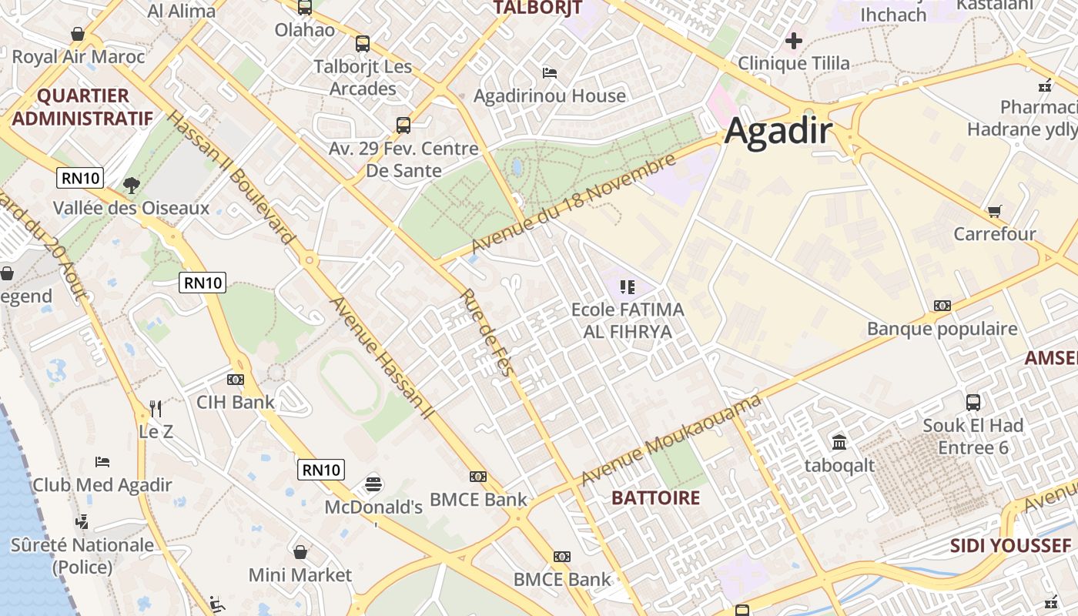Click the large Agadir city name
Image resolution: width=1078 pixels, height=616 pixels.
click(778, 131)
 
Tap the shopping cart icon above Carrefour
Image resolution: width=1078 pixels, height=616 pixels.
click(994, 210)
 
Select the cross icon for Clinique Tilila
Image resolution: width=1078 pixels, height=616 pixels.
click(794, 40)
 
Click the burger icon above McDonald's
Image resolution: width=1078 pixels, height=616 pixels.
click(373, 484)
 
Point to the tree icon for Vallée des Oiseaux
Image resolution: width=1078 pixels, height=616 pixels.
click(132, 185)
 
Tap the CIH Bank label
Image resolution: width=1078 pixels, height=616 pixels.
click(235, 401)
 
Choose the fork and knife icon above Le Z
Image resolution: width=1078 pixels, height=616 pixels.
click(156, 408)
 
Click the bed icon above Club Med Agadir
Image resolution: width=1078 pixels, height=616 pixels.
click(102, 462)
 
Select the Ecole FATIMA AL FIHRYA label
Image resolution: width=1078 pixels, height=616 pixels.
click(627, 320)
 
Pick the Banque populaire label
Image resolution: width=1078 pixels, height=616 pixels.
click(942, 329)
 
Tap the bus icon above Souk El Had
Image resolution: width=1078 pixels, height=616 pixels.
click(973, 402)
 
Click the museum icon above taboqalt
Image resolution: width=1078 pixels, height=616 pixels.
click(839, 442)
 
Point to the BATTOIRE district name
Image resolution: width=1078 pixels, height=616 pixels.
click(655, 497)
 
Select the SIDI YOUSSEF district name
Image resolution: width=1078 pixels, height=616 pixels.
click(1009, 545)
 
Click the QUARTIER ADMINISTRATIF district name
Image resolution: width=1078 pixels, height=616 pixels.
click(82, 107)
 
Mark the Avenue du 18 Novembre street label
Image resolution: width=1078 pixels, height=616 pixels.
click(574, 203)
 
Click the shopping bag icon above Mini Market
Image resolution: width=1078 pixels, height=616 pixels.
click(300, 552)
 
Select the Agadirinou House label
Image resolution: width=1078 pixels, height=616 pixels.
click(549, 95)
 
